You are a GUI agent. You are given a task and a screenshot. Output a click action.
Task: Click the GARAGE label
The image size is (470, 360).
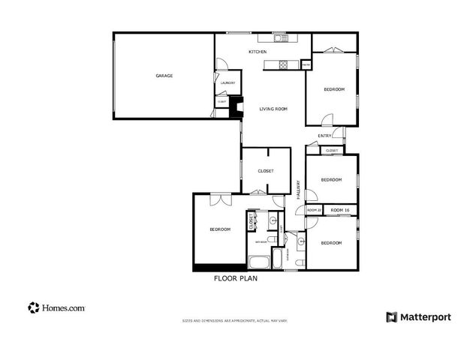[164, 76]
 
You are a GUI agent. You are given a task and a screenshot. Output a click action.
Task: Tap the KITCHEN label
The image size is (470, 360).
[258, 52]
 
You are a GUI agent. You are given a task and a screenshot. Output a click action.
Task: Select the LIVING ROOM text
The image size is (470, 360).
[273, 109]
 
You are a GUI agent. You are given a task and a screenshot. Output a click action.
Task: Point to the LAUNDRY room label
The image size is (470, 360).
[227, 83]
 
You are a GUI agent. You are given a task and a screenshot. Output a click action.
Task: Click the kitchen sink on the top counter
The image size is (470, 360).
[277, 37]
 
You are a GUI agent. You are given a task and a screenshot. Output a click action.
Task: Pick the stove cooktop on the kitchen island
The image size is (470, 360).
[283, 65]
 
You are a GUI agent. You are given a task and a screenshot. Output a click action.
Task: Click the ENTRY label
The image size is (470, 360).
[324, 136]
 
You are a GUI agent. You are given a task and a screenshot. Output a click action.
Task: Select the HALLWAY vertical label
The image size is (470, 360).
[298, 189]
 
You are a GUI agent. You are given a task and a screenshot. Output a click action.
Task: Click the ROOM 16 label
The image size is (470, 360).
[340, 210]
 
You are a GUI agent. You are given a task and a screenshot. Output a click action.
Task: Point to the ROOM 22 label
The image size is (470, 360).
[314, 210]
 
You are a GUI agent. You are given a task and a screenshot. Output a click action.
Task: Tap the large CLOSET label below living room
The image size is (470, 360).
[265, 171]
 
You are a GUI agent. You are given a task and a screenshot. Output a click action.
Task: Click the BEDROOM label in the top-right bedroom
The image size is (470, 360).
[333, 90]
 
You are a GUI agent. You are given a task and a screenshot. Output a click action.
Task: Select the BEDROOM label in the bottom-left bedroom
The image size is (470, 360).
[219, 229]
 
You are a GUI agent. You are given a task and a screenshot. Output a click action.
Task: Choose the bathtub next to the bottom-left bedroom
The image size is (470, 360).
[259, 262]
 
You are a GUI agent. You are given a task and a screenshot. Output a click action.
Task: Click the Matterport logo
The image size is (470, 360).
[418, 316]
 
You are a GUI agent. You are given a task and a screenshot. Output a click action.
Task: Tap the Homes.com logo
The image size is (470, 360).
[56, 307]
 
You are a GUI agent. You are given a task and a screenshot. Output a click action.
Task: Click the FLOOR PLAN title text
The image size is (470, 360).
[236, 277]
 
